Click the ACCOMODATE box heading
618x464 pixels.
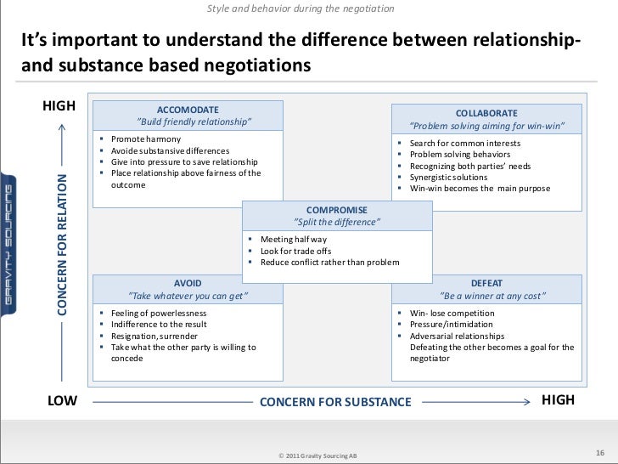pyautogui.click(x=188, y=110)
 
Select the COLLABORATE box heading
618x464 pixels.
pyautogui.click(x=486, y=113)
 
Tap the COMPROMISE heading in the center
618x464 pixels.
pyautogui.click(x=336, y=209)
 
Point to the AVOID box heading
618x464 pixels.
pyautogui.click(x=188, y=282)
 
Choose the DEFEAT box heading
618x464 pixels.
pyautogui.click(x=492, y=282)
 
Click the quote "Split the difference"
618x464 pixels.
pyautogui.click(x=336, y=222)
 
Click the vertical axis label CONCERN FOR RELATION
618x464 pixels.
pyautogui.click(x=62, y=243)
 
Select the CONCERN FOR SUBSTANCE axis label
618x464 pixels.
pyautogui.click(x=334, y=401)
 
